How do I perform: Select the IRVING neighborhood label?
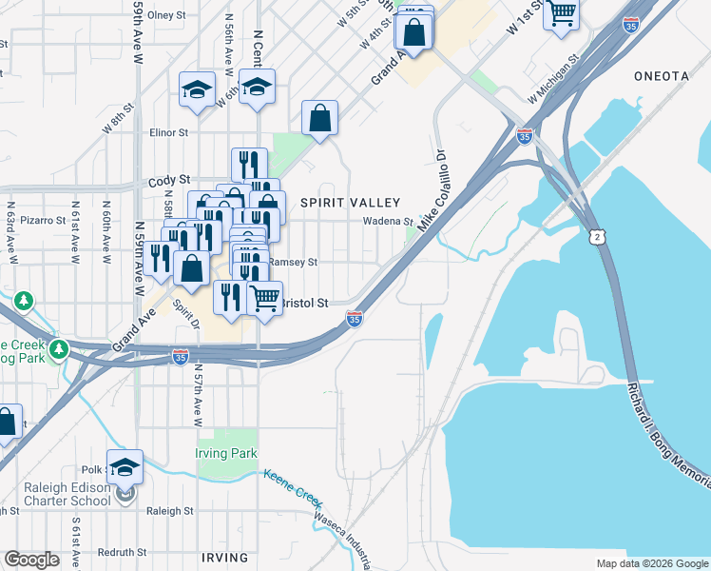tap(224, 558)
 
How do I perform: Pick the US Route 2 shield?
tap(596, 235)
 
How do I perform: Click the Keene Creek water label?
tap(292, 488)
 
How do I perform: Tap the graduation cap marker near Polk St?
tap(125, 466)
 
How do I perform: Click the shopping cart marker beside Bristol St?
tap(265, 297)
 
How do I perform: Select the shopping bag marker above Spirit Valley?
tap(320, 119)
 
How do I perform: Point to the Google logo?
tap(31, 560)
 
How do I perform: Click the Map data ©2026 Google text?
tap(651, 563)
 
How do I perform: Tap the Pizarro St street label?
tap(40, 219)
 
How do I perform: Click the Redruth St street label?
tap(123, 552)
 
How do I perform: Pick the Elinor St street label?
tap(168, 133)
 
